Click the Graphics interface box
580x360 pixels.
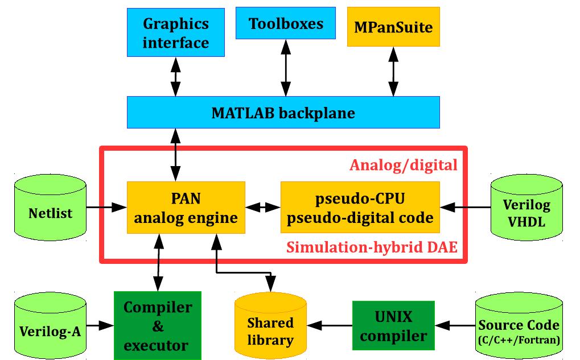tap(176, 34)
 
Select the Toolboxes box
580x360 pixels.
tap(286, 23)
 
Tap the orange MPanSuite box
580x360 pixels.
tap(393, 27)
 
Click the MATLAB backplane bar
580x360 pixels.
tap(283, 113)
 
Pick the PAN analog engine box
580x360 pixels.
tap(186, 208)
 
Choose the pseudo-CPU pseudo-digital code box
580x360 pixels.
tap(360, 208)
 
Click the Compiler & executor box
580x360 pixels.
tap(158, 325)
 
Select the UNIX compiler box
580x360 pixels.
tap(393, 325)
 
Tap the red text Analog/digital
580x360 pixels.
tap(403, 165)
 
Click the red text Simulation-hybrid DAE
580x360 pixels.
tap(372, 248)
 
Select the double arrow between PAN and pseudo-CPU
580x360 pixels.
tap(263, 208)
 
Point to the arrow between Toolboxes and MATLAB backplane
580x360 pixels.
tap(283, 68)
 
